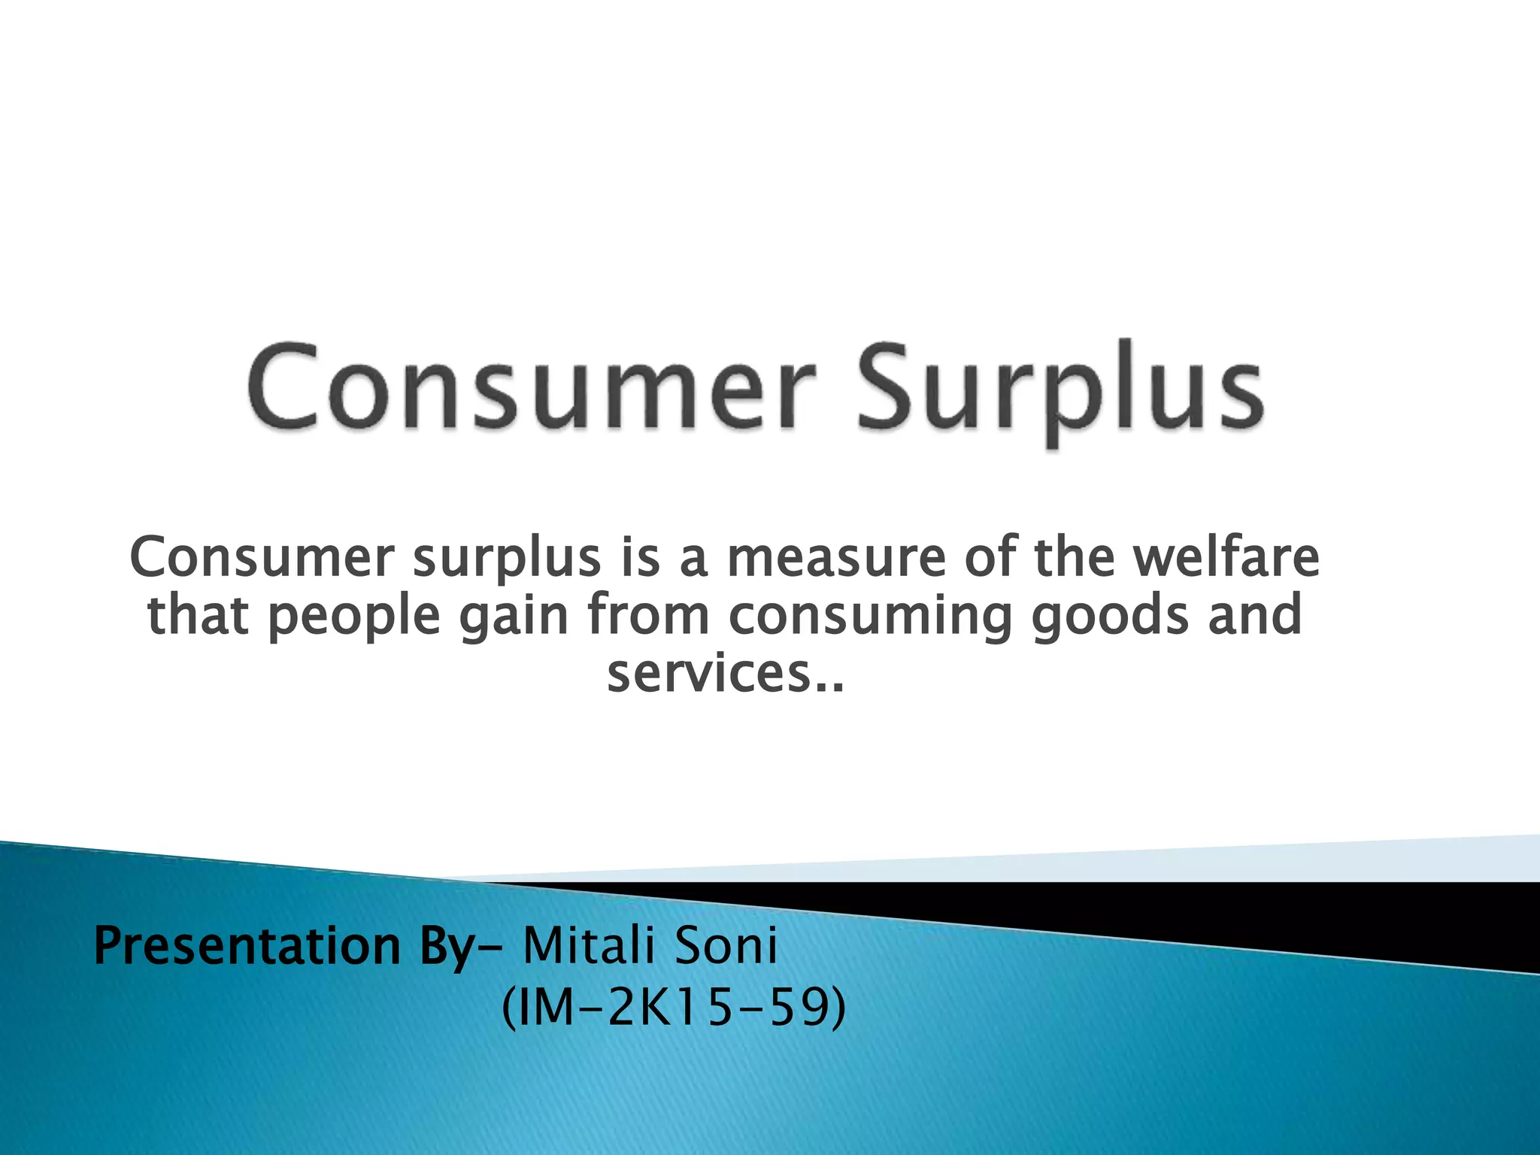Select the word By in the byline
(444, 947)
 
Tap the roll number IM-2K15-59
(674, 1008)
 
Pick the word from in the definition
(648, 615)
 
